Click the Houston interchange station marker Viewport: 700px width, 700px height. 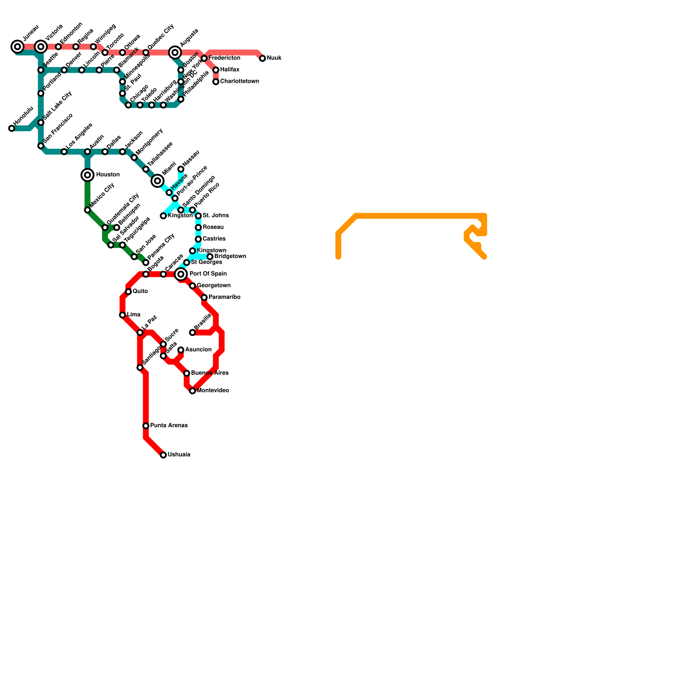[87, 175]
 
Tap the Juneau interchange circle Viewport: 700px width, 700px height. [17, 46]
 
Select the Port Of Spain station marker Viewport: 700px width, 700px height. [181, 274]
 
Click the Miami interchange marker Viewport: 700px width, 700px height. [157, 181]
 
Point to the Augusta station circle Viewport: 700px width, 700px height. [175, 52]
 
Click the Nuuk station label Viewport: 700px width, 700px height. [274, 58]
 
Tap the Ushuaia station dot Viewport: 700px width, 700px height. [163, 455]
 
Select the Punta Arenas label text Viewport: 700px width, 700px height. [169, 426]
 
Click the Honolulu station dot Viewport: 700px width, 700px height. [12, 128]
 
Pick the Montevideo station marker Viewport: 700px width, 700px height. [192, 391]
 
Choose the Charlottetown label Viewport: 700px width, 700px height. [239, 81]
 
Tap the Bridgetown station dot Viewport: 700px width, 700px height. [210, 257]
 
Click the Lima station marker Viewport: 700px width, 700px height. [122, 315]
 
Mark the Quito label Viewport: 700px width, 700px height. [140, 291]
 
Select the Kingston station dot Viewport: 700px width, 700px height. [163, 216]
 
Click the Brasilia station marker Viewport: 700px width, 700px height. [192, 332]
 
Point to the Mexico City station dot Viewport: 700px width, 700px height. [87, 210]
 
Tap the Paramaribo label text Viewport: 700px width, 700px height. [224, 297]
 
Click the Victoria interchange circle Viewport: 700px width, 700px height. [41, 46]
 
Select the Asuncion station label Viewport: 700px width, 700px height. [198, 350]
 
